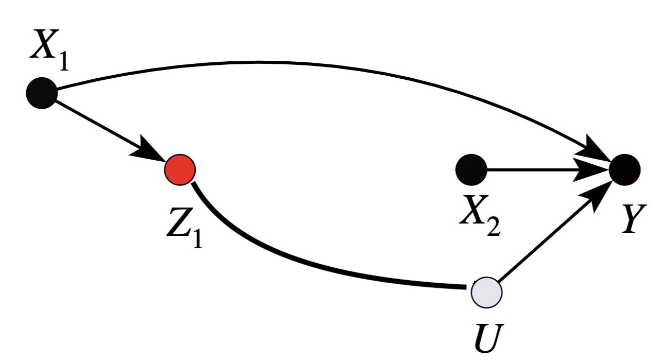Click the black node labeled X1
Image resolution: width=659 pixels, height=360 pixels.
click(x=42, y=93)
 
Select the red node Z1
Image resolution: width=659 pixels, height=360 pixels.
click(x=179, y=169)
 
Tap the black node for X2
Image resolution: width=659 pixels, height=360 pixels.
click(x=471, y=169)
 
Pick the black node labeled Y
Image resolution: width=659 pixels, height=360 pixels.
click(x=624, y=169)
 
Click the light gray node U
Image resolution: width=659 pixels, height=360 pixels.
click(x=486, y=292)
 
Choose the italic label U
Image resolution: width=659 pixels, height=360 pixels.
click(x=487, y=337)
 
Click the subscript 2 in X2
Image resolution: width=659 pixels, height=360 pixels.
click(x=493, y=227)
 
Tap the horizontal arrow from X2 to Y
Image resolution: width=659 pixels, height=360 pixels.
click(x=531, y=169)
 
